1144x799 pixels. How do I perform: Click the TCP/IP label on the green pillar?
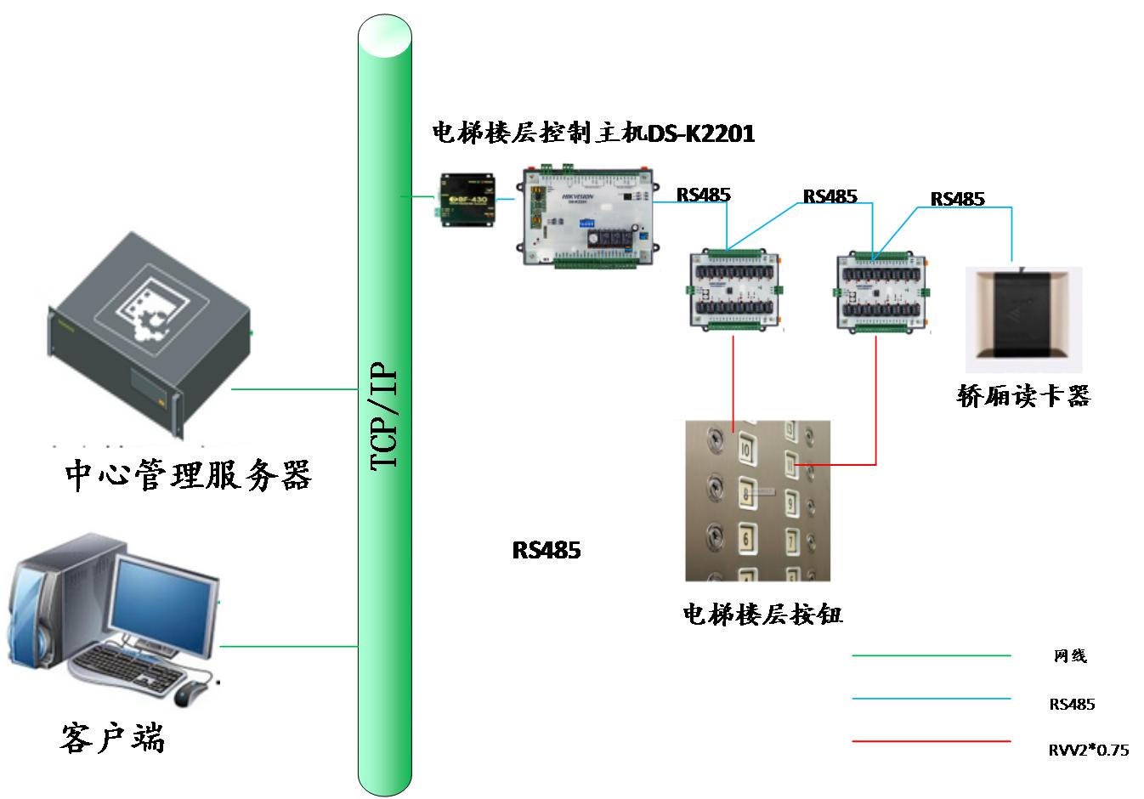click(x=384, y=416)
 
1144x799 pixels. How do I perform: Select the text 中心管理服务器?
click(x=189, y=475)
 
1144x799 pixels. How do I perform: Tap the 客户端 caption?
click(x=112, y=738)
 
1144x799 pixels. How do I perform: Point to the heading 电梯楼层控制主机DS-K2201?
click(x=593, y=133)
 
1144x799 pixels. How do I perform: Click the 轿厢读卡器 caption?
click(x=1023, y=396)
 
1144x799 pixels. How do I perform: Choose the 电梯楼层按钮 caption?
click(x=762, y=614)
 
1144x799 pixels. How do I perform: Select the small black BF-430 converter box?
click(x=466, y=201)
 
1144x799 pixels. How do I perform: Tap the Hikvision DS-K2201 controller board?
click(x=587, y=218)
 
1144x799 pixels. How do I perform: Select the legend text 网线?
click(x=1070, y=655)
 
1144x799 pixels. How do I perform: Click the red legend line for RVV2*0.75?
click(x=932, y=741)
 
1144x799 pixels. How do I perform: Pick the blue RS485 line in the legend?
click(x=932, y=700)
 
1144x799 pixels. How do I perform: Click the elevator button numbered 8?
click(x=747, y=493)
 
